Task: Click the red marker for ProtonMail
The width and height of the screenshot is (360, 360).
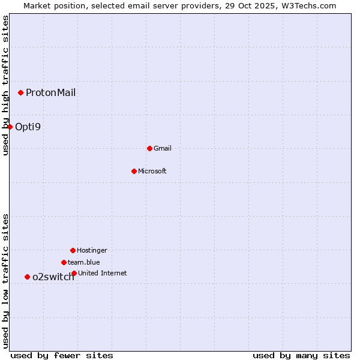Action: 20,92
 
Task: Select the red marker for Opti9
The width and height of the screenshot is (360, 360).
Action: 10,127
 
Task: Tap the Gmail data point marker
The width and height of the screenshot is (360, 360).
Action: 149,148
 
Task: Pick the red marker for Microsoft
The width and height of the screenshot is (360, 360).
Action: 134,171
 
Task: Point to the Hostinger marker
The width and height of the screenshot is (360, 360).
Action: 73,250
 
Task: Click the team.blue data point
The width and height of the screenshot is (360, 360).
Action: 64,262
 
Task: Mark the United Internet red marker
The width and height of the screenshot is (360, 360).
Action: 74,273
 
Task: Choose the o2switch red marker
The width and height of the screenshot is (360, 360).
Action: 27,277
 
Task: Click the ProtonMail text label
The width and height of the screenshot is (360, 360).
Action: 50,92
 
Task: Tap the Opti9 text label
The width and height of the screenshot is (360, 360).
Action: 28,127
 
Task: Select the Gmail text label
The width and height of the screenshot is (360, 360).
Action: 163,148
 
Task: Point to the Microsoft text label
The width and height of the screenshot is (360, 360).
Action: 152,171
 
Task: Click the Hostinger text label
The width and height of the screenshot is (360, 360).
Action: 92,250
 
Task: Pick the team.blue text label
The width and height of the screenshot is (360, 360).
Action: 84,262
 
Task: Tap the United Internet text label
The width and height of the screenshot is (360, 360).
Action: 103,273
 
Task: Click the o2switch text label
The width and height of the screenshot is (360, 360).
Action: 53,277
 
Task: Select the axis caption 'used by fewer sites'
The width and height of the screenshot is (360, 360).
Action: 62,355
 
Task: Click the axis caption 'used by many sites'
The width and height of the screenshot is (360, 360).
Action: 301,355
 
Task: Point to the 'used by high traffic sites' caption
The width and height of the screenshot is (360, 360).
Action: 5,85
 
